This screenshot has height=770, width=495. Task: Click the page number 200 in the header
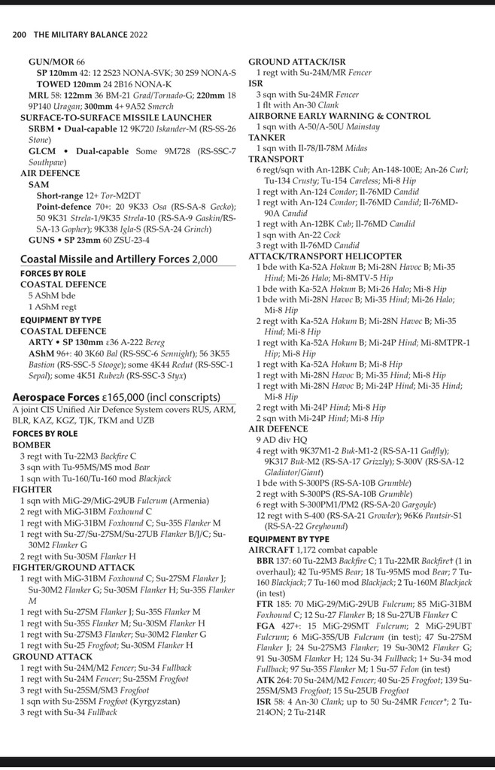pos(20,35)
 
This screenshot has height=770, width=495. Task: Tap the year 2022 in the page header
pos(135,35)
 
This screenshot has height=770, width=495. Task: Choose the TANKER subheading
pos(267,138)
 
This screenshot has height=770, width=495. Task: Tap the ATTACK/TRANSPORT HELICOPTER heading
pos(325,256)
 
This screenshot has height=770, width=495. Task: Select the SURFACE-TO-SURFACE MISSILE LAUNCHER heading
pos(116,117)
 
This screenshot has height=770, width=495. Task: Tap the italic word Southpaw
pos(47,162)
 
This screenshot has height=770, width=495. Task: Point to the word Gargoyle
pos(426,505)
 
